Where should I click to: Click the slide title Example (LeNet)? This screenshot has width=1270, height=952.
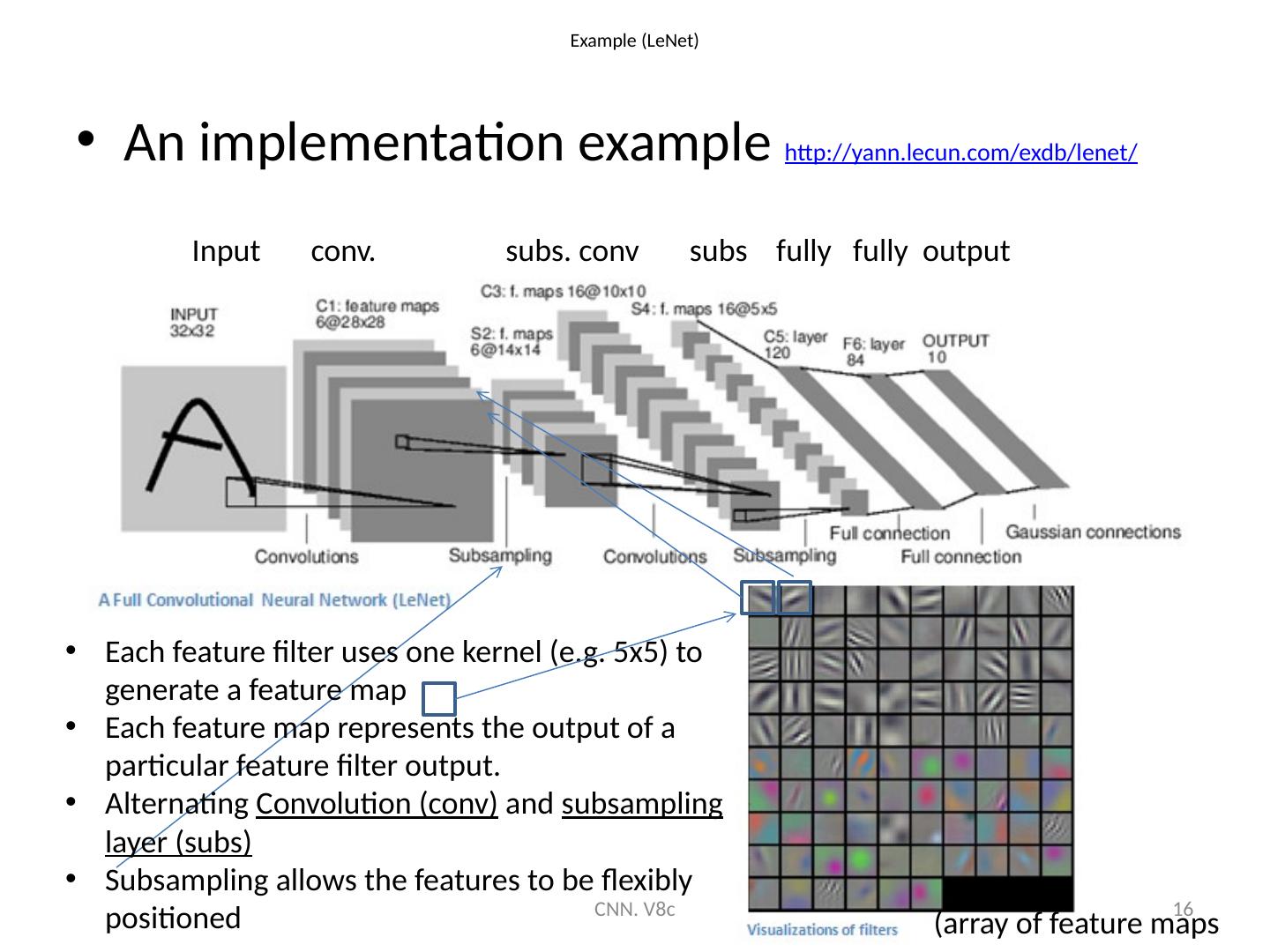634,41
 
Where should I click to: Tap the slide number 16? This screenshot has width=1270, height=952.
1184,909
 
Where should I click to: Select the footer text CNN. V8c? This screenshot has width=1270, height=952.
635,909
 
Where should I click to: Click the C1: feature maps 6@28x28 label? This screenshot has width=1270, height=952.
377,314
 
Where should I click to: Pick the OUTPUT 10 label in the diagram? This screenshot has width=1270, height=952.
955,348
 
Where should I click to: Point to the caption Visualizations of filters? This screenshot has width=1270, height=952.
822,929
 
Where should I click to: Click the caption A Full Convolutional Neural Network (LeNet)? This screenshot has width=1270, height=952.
274,600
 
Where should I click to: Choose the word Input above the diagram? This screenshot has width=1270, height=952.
226,252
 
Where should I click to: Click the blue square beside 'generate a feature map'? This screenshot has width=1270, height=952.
438,698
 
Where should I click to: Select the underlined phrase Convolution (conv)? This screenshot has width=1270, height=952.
377,805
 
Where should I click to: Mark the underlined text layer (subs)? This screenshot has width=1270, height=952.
178,843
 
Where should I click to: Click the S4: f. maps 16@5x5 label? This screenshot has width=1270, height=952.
704,309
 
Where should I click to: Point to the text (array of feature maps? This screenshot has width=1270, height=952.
1076,924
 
